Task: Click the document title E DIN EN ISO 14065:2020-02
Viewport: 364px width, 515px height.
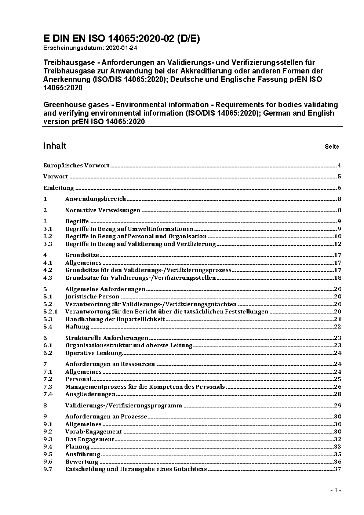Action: [x=121, y=39]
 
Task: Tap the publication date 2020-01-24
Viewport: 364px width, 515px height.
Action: [x=117, y=48]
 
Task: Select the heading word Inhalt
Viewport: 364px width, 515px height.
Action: [x=55, y=146]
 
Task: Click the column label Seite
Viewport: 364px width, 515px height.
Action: [x=332, y=147]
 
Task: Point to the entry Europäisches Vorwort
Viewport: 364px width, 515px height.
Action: [x=76, y=166]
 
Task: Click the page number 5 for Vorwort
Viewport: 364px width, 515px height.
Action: [x=339, y=177]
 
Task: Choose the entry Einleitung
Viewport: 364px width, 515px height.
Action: [x=59, y=188]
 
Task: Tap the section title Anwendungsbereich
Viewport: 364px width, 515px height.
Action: [x=95, y=199]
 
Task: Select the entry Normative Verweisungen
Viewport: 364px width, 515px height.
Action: [x=103, y=210]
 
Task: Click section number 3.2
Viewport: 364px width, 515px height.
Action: [x=48, y=236]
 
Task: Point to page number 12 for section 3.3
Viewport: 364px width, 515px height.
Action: [x=338, y=244]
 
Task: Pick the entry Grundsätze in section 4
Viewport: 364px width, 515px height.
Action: [x=82, y=255]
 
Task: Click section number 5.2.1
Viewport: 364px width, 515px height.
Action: [x=50, y=312]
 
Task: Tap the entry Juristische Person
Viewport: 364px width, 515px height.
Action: [x=92, y=297]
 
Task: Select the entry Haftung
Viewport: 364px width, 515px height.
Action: [x=77, y=327]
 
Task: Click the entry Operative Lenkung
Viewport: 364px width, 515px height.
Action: [x=94, y=353]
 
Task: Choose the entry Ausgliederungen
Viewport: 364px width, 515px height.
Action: [x=90, y=394]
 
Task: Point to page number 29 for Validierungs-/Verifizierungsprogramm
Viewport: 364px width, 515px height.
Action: [x=338, y=406]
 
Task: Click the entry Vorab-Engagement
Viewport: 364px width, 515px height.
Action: [x=94, y=432]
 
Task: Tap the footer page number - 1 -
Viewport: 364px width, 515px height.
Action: [x=336, y=490]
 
